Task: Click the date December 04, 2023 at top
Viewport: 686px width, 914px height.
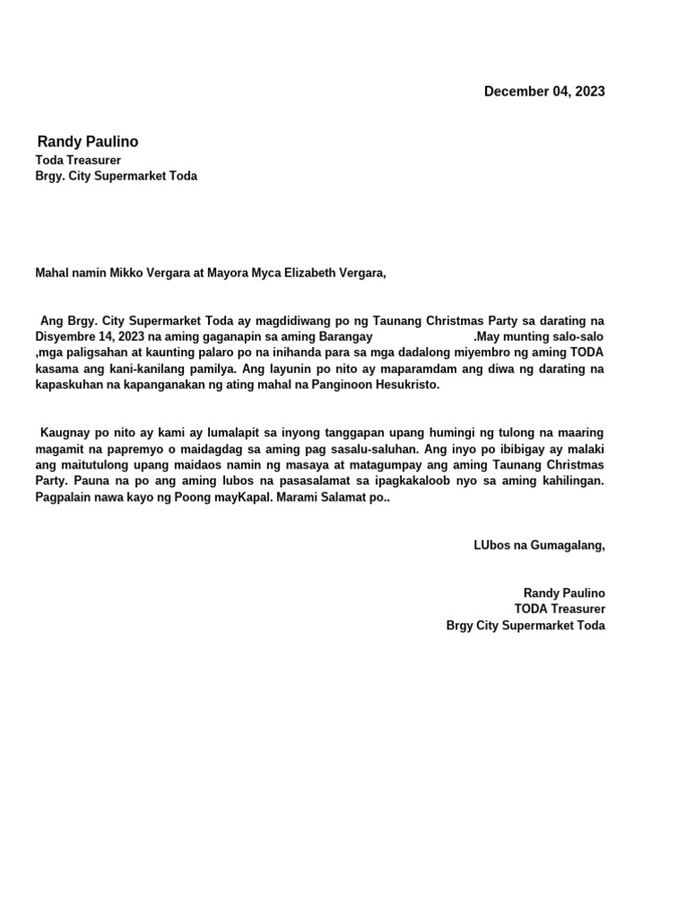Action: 544,91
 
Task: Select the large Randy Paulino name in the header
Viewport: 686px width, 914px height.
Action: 88,142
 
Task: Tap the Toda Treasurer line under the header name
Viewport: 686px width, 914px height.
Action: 78,160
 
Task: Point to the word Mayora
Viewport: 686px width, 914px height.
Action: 228,273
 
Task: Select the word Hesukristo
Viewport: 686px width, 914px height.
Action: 402,385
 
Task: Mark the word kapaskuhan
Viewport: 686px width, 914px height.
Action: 68,385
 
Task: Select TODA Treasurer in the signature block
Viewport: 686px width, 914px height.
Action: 559,610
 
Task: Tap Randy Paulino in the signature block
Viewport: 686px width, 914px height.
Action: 564,594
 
